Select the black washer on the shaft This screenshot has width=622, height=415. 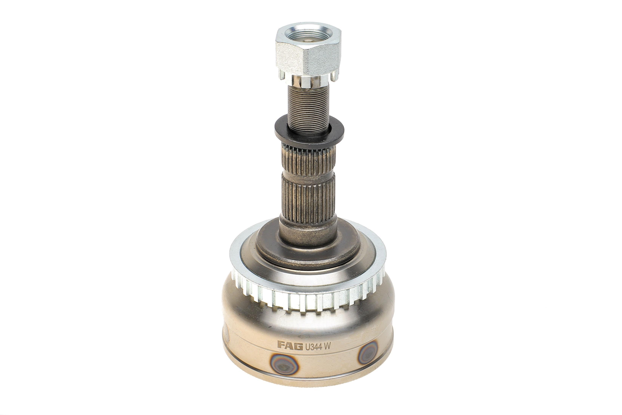pyautogui.click(x=309, y=131)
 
